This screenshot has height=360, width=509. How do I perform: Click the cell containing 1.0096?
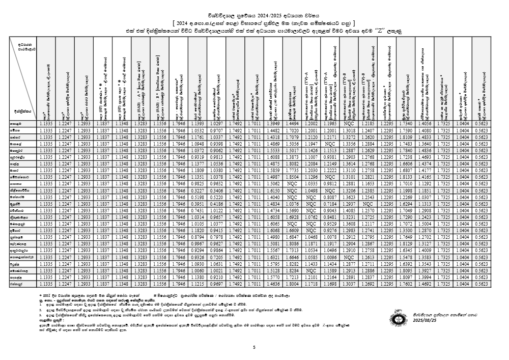point(330,257)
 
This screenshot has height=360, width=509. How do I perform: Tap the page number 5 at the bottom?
point(254,347)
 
